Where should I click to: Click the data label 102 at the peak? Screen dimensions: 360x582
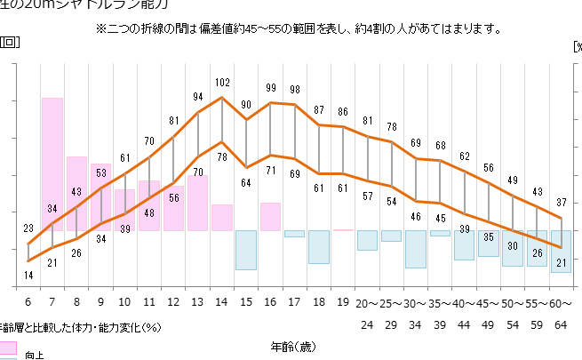(222, 83)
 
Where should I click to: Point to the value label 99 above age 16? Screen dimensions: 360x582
(271, 88)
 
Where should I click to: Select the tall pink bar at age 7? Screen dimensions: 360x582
(52, 164)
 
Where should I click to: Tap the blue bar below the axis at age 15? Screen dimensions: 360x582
(246, 250)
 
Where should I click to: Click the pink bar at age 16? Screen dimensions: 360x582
(270, 216)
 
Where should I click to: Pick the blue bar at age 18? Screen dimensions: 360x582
(319, 246)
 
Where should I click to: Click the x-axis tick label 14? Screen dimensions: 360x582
(222, 302)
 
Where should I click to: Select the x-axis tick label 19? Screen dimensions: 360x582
(343, 302)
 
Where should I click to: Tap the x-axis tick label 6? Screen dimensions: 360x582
(28, 302)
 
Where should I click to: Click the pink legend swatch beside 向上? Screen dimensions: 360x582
(8, 346)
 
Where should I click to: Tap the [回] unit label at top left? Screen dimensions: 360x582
(10, 42)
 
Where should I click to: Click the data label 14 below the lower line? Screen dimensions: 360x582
(28, 276)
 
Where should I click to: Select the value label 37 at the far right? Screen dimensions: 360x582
(561, 202)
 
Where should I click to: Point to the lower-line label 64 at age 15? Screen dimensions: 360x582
(246, 183)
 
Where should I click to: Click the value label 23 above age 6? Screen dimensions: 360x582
(28, 228)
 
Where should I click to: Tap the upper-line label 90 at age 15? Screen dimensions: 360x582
(246, 105)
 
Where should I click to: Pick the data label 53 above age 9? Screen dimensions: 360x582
(100, 172)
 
